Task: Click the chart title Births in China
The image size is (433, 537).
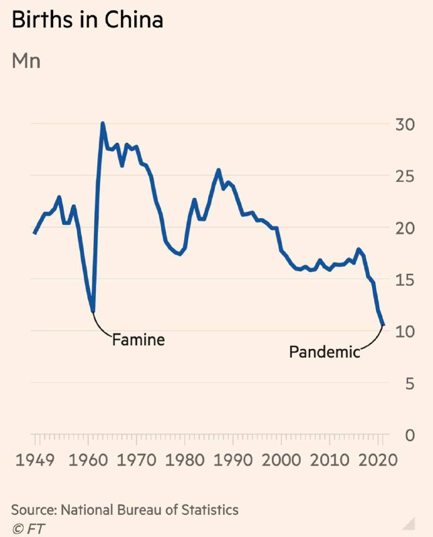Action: coord(87,20)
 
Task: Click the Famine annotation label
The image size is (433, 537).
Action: coord(138,340)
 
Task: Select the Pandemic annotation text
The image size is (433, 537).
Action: coord(324,351)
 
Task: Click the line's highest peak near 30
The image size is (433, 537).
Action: coord(103,124)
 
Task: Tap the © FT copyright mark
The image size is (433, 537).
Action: coord(27,527)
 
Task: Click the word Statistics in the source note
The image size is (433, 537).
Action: coord(208,510)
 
